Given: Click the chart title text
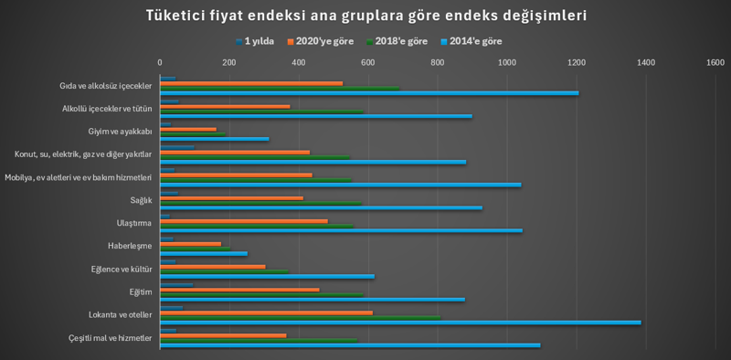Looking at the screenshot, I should point(365,16).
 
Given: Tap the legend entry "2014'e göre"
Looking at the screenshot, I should point(475,41).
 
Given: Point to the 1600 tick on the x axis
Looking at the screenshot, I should point(715,62).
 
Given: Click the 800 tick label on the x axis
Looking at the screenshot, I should point(438,62).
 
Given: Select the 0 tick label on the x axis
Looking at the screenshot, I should point(160,62).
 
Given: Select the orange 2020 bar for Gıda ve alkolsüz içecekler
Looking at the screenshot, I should point(251,83).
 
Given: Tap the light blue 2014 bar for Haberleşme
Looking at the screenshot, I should point(203,253).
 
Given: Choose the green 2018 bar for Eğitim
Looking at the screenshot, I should point(261,294).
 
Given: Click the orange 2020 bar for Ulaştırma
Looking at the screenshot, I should point(244,220).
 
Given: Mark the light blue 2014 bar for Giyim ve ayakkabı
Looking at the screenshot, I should point(214,139).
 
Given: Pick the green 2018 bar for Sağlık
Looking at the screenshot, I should point(260,203).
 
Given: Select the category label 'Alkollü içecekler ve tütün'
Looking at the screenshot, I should point(101,109).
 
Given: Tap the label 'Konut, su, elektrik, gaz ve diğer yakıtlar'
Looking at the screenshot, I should point(83,154).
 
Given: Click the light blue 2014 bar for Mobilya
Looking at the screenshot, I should point(340,185).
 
